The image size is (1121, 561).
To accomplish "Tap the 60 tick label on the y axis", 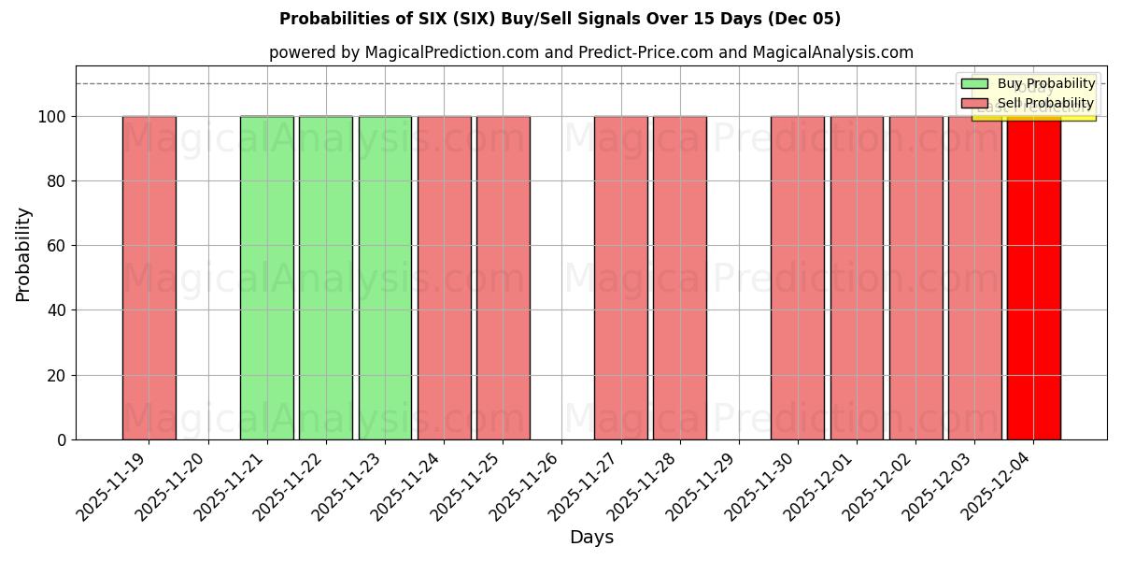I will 57,246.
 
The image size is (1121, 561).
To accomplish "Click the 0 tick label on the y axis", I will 62,439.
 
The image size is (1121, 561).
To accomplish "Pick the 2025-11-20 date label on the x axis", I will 174,486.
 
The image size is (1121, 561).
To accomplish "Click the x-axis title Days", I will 591,538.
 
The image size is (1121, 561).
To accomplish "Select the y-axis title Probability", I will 23,254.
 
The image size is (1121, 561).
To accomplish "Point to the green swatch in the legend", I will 973,84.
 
